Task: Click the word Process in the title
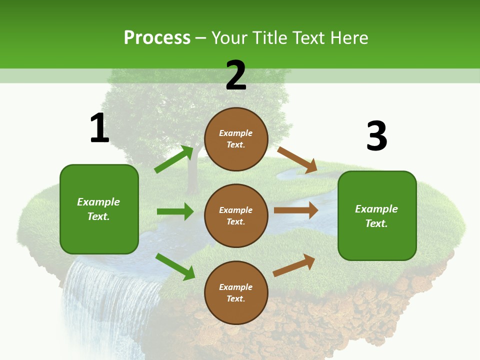pos(157,38)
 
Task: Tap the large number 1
pos(99,128)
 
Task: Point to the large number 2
pos(236,75)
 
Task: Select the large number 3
pos(376,136)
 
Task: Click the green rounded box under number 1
pos(99,209)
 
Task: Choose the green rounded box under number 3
pos(377,215)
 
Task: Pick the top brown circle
pos(236,139)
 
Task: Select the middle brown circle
pos(236,215)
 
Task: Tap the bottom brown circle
pos(236,292)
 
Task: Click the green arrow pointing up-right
pos(174,159)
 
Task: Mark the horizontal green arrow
pos(175,211)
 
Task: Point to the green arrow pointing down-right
pos(175,266)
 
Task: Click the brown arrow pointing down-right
pos(297,160)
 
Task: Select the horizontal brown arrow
pos(296,210)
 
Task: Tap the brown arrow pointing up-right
pos(294,265)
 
